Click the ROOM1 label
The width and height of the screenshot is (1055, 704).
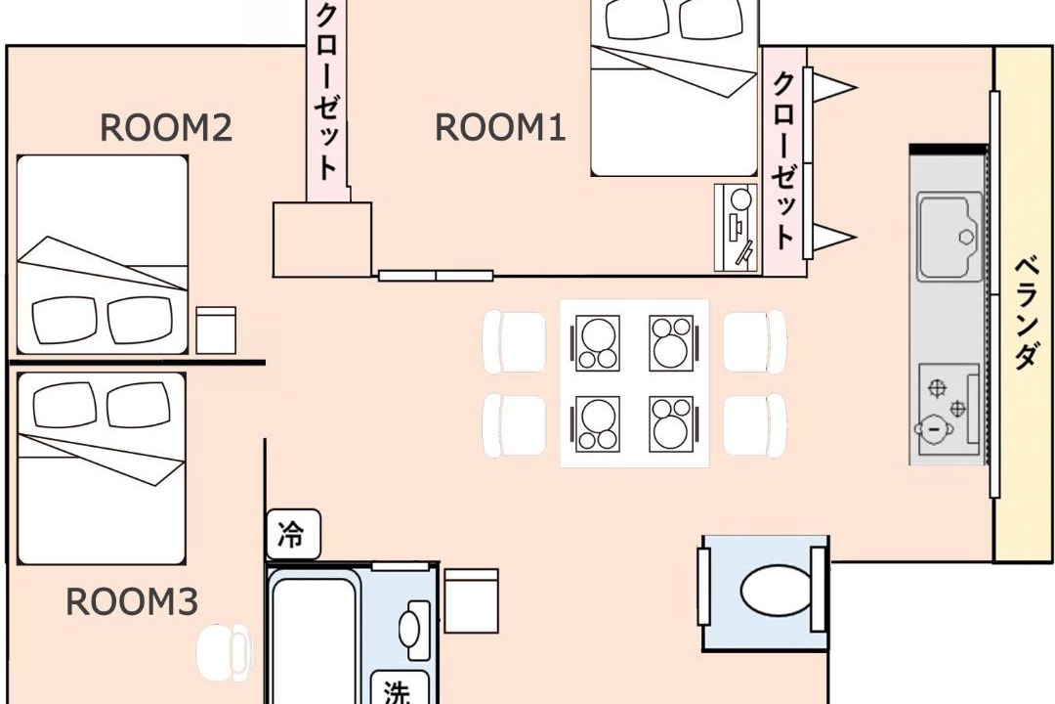[500, 127]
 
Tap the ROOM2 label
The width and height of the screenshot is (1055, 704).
[166, 127]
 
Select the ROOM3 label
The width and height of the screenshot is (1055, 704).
[132, 601]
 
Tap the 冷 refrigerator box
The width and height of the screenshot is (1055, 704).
[293, 534]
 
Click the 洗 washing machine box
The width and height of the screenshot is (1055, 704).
[400, 687]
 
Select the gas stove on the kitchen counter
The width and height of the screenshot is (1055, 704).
[949, 411]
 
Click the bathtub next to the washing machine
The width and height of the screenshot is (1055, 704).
[312, 637]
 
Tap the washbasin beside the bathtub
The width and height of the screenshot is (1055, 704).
[414, 631]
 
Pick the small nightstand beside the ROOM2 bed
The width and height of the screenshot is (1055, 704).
[216, 330]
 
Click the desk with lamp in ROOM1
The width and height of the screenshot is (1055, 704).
[738, 228]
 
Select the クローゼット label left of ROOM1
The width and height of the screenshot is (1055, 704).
[326, 92]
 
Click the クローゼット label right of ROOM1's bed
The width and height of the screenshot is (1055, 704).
[783, 160]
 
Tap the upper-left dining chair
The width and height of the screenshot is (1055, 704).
[515, 341]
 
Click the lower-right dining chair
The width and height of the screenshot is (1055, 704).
[755, 425]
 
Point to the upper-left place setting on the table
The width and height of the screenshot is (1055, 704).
[596, 343]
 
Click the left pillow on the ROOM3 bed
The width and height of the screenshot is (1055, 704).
[63, 404]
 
